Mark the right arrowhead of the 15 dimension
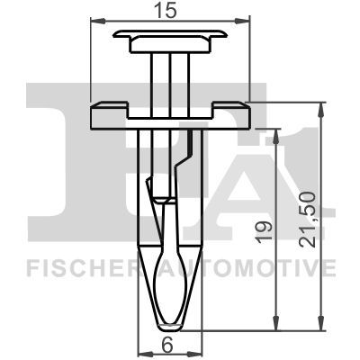pyautogui.click(x=243, y=22)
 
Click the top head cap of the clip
pyautogui.click(x=170, y=38)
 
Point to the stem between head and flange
pyautogui.click(x=170, y=76)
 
